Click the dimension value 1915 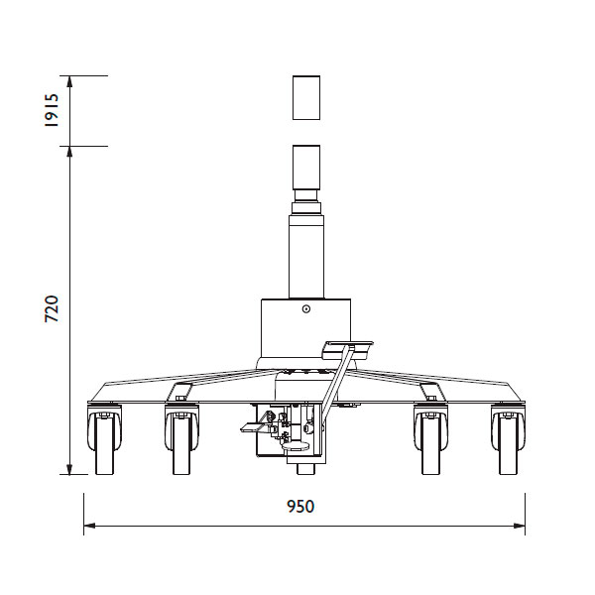point(53,111)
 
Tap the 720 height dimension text point(53,308)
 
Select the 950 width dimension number point(300,507)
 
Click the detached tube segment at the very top point(306,97)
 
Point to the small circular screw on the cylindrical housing point(306,309)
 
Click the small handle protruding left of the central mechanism point(252,427)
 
